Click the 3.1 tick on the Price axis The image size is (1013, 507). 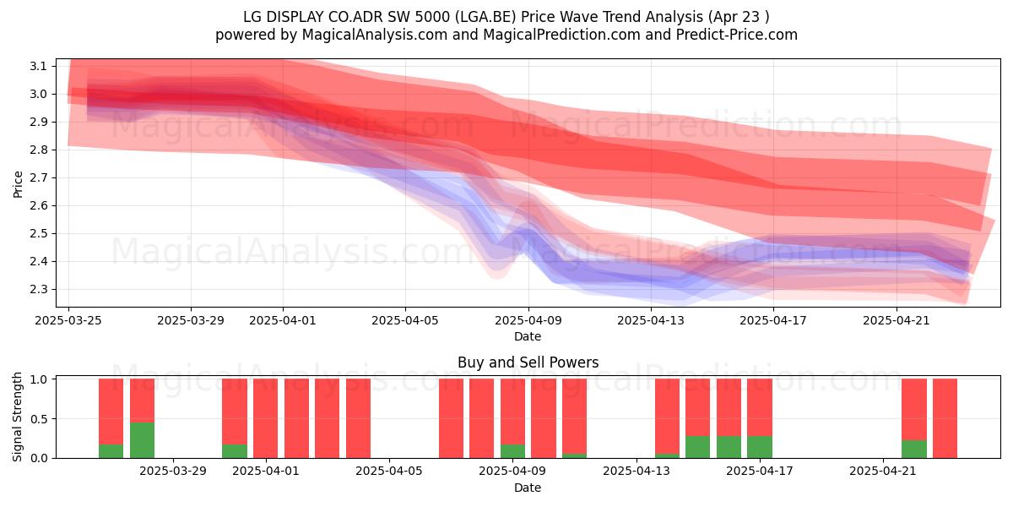pyautogui.click(x=38, y=67)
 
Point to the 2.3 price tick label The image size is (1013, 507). pyautogui.click(x=38, y=289)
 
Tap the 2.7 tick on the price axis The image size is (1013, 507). pyautogui.click(x=38, y=178)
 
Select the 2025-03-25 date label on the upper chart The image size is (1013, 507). pyautogui.click(x=68, y=320)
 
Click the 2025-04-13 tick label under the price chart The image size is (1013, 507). pyautogui.click(x=651, y=320)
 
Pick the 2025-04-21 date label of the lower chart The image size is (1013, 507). pyautogui.click(x=883, y=472)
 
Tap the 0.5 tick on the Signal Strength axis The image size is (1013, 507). pyautogui.click(x=38, y=419)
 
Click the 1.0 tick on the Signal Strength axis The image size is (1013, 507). pyautogui.click(x=38, y=379)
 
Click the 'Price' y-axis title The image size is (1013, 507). pyautogui.click(x=18, y=184)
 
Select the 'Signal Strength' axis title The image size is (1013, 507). pyautogui.click(x=17, y=417)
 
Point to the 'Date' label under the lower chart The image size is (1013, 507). pyautogui.click(x=528, y=488)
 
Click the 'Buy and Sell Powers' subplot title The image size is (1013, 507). pyautogui.click(x=528, y=363)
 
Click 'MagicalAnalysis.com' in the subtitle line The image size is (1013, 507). pyautogui.click(x=375, y=35)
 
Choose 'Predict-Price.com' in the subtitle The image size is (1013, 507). pyautogui.click(x=737, y=35)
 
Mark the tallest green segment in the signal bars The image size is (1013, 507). pyautogui.click(x=142, y=440)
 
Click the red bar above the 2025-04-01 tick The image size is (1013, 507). pyautogui.click(x=265, y=418)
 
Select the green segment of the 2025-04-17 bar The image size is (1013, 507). pyautogui.click(x=760, y=447)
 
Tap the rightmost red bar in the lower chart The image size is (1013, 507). pyautogui.click(x=945, y=418)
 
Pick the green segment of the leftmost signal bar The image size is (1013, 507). pyautogui.click(x=111, y=451)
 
